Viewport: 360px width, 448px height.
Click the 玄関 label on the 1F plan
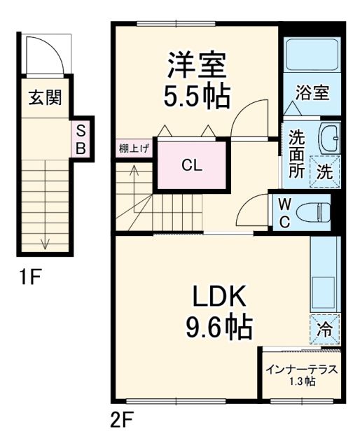pyautogui.click(x=44, y=97)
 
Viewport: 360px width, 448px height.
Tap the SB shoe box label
pyautogui.click(x=81, y=139)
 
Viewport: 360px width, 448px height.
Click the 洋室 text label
pyautogui.click(x=195, y=66)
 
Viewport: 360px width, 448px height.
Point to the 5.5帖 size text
pyautogui.click(x=197, y=97)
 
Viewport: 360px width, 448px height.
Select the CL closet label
pyautogui.click(x=192, y=166)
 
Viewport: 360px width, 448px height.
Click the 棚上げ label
pyautogui.click(x=133, y=148)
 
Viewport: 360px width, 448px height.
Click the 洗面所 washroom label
pyautogui.click(x=297, y=153)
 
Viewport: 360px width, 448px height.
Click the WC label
pyautogui.click(x=284, y=211)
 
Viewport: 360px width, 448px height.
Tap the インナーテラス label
pyautogui.click(x=301, y=370)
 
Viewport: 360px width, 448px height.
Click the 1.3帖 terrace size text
pyautogui.click(x=300, y=381)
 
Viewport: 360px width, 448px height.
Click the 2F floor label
pyautogui.click(x=121, y=421)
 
